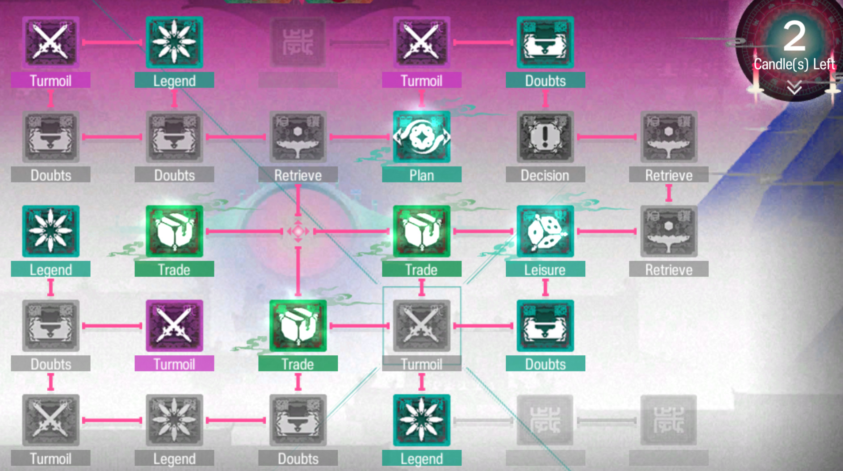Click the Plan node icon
pyautogui.click(x=421, y=137)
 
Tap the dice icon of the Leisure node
pyautogui.click(x=545, y=232)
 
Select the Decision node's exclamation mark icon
pyautogui.click(x=545, y=137)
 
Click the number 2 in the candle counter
pyautogui.click(x=794, y=37)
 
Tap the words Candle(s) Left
pyautogui.click(x=794, y=65)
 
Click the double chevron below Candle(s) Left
pyautogui.click(x=794, y=87)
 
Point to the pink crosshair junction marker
pyautogui.click(x=298, y=231)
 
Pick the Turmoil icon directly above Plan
pyautogui.click(x=421, y=42)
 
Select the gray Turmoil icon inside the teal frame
pyautogui.click(x=421, y=326)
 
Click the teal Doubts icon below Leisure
pyautogui.click(x=545, y=326)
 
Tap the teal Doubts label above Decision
pyautogui.click(x=545, y=80)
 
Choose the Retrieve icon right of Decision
pyautogui.click(x=668, y=137)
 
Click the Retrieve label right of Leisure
pyautogui.click(x=668, y=270)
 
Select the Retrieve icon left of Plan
pyautogui.click(x=298, y=137)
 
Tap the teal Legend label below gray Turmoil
pyautogui.click(x=421, y=459)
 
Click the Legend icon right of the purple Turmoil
pyautogui.click(x=174, y=42)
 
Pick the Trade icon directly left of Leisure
pyautogui.click(x=421, y=232)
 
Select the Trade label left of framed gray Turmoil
pyautogui.click(x=298, y=364)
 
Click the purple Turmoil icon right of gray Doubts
pyautogui.click(x=174, y=326)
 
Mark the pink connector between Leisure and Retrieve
pyautogui.click(x=607, y=231)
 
